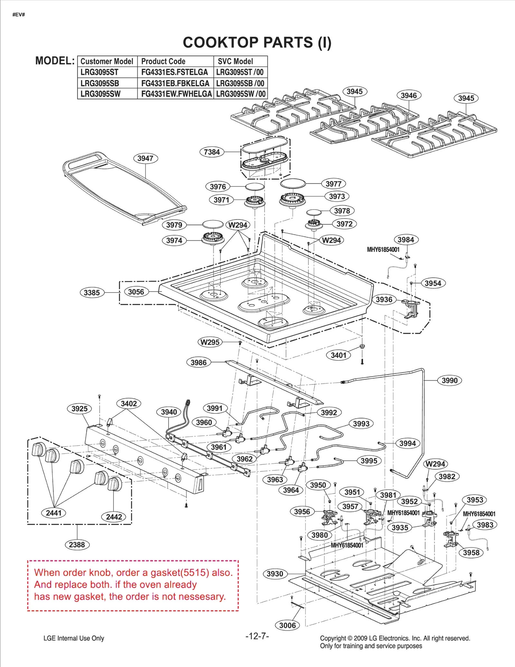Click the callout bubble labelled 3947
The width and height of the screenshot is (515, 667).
pyautogui.click(x=145, y=158)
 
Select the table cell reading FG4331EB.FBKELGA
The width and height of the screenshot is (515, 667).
pyautogui.click(x=175, y=83)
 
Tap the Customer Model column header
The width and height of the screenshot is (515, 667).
pyautogui.click(x=107, y=61)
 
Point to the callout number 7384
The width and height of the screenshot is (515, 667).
pyautogui.click(x=211, y=152)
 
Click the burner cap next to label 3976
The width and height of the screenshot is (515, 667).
pyautogui.click(x=255, y=187)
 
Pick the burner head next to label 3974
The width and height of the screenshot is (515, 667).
pyautogui.click(x=212, y=238)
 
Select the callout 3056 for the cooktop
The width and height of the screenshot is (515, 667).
pyautogui.click(x=136, y=292)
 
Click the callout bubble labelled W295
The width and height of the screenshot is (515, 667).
pyautogui.click(x=210, y=342)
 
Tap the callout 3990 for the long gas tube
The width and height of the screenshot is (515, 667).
pyautogui.click(x=449, y=380)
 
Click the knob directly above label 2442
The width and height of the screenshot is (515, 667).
pyautogui.click(x=115, y=484)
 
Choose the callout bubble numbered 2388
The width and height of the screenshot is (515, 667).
pyautogui.click(x=77, y=545)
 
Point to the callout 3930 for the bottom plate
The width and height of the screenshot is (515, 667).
pyautogui.click(x=275, y=574)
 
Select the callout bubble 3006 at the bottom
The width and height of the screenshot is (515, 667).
pyautogui.click(x=287, y=625)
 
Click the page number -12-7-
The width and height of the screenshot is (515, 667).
pyautogui.click(x=257, y=636)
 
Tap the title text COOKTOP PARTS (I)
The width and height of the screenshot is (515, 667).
pyautogui.click(x=257, y=42)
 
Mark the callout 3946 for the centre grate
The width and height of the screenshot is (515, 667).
pyautogui.click(x=408, y=95)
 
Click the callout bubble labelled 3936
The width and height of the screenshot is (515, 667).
pyautogui.click(x=384, y=300)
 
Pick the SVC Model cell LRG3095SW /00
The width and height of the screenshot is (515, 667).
pyautogui.click(x=241, y=94)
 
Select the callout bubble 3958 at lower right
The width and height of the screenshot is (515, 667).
pyautogui.click(x=471, y=552)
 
